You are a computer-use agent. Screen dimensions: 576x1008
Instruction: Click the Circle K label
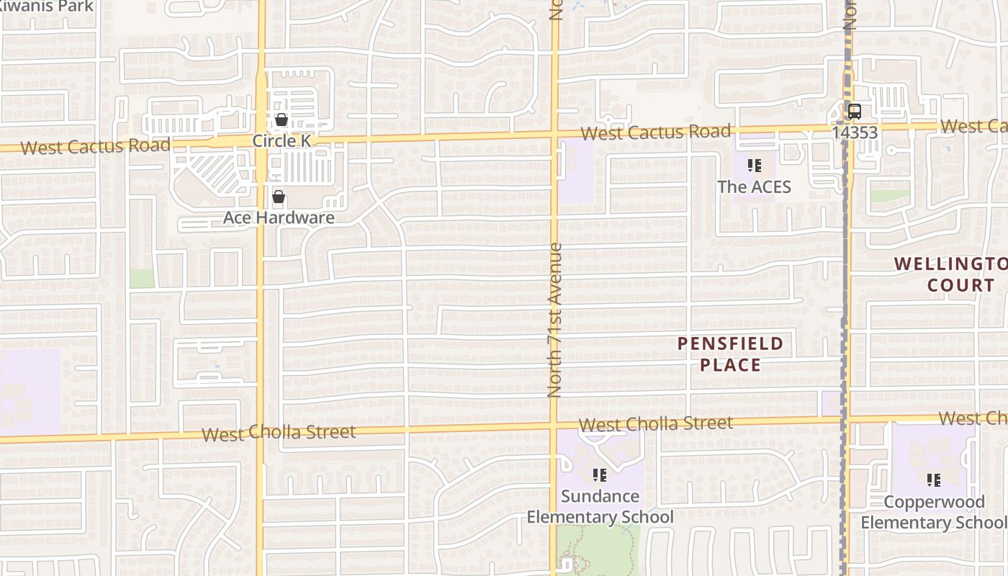click(282, 140)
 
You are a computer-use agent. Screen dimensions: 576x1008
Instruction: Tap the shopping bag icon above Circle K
click(282, 120)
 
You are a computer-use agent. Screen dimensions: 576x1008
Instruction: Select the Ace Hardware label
click(279, 217)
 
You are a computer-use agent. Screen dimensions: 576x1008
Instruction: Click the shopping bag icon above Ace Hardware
click(279, 196)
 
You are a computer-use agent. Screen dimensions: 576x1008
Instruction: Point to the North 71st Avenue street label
click(554, 320)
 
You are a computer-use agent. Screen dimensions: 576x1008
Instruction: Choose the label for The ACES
click(754, 186)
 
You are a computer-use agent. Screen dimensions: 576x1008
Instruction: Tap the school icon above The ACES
click(754, 166)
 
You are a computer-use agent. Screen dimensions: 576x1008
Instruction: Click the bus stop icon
click(855, 112)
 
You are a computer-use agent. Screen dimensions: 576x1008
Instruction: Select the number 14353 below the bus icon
click(855, 132)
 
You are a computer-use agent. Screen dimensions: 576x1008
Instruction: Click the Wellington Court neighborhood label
click(951, 274)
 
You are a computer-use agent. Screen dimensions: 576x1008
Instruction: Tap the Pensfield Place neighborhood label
click(730, 354)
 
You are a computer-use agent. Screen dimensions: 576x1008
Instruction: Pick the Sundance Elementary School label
click(600, 506)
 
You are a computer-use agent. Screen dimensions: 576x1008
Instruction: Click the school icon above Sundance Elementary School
click(599, 474)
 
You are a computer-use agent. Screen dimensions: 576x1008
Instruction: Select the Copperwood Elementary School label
click(934, 512)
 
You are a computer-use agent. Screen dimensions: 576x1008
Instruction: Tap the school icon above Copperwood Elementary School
click(934, 480)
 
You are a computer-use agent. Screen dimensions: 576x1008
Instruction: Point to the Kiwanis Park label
click(46, 6)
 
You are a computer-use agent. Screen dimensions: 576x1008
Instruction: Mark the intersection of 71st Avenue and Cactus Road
click(554, 134)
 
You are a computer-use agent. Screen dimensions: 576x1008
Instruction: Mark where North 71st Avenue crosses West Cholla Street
click(554, 426)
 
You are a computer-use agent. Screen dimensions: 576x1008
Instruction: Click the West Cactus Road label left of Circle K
click(96, 146)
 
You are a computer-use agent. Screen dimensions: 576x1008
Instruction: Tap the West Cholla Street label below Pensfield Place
click(656, 423)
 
